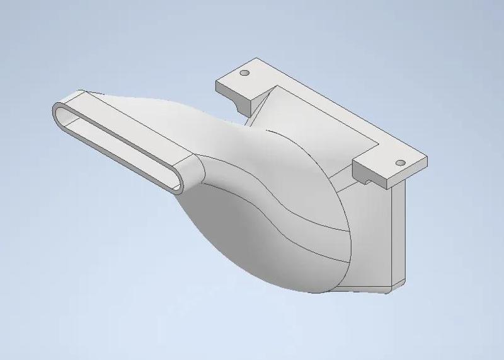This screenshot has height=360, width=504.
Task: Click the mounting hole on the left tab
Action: pyautogui.click(x=246, y=73)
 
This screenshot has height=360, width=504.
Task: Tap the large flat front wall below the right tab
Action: pyautogui.click(x=372, y=233)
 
